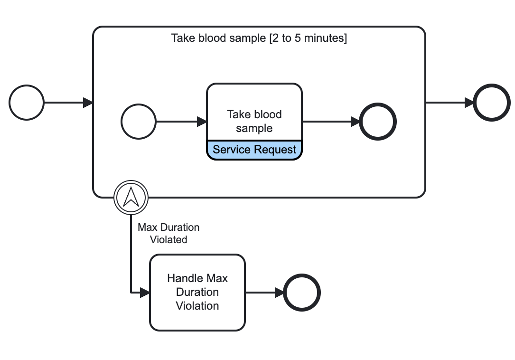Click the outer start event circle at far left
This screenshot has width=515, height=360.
(27, 102)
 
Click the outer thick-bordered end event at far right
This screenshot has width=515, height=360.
(492, 102)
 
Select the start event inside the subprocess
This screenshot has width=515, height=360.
(139, 122)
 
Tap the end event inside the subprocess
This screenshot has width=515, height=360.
(378, 122)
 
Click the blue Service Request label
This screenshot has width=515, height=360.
(254, 150)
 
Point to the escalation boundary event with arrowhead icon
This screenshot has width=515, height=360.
(131, 197)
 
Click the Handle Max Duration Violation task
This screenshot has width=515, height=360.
(197, 292)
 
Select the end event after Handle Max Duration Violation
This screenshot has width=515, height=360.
(302, 292)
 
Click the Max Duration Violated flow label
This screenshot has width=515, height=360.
(169, 233)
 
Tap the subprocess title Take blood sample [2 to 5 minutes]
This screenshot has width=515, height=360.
(259, 38)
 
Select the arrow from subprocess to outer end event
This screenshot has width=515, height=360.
(449, 102)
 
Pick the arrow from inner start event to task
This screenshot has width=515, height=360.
(181, 122)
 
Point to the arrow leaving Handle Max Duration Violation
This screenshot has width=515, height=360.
(264, 292)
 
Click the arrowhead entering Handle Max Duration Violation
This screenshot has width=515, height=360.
(145, 292)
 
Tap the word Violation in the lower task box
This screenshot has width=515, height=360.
(197, 306)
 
